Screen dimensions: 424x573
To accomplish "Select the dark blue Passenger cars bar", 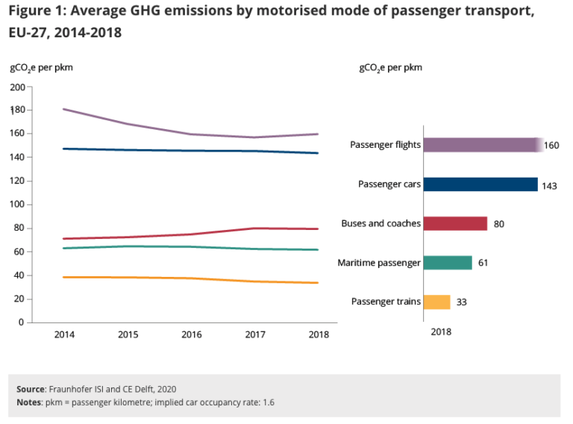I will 480,184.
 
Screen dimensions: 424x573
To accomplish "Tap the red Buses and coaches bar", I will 455,223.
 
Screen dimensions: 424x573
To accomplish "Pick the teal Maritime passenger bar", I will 448,263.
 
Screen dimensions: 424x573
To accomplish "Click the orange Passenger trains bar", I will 437,302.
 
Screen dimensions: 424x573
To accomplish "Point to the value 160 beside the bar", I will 551,145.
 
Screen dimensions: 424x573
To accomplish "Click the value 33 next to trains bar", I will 462,302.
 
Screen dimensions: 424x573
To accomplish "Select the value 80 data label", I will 499,224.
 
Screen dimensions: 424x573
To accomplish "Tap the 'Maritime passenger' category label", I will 379,263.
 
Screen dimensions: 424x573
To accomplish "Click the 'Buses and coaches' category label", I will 381,223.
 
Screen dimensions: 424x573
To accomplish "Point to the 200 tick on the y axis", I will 17,87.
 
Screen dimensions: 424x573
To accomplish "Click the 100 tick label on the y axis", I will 17,205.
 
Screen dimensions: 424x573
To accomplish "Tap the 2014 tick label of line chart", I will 64,334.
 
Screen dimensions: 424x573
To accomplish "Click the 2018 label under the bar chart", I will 441,331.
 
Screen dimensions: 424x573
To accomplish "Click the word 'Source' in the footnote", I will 31,389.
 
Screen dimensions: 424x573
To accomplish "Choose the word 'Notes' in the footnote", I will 29,402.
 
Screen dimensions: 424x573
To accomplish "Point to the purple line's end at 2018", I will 319,134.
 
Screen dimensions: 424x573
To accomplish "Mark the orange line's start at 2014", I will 65,277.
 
